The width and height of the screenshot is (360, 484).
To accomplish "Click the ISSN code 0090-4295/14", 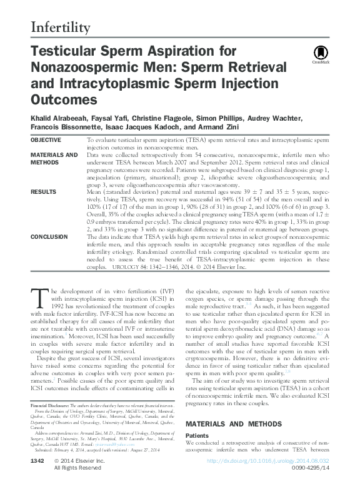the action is tap(312, 468).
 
